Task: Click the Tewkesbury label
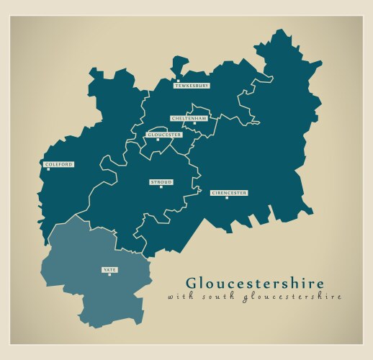tap(192, 86)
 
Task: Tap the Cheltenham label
tap(189, 117)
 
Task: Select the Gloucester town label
tap(164, 135)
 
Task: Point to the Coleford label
tap(59, 164)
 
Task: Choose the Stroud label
tap(161, 182)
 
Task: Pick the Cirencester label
tap(229, 193)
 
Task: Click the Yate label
tap(109, 269)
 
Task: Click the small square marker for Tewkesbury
tap(180, 81)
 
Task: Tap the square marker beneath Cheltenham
tap(194, 123)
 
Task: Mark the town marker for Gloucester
tap(158, 140)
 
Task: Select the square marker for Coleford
tap(48, 169)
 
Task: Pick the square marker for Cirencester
tap(226, 198)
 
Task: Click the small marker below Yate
tap(109, 274)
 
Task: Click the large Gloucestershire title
tap(255, 283)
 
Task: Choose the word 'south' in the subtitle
tap(210, 296)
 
